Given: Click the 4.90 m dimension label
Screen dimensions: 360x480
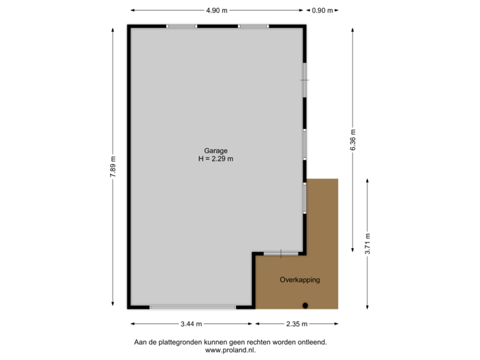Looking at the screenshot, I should point(217,11).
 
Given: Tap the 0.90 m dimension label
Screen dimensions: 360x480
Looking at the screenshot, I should point(323,11).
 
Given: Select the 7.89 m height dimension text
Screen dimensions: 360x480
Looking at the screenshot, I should point(113,167).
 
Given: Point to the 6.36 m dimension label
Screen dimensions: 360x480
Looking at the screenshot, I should point(353,139).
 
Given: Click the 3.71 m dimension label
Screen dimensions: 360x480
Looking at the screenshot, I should point(367,243).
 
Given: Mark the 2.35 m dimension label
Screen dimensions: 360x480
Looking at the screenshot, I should point(297,324).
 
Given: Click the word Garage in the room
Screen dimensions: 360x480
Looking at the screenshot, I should point(215,151).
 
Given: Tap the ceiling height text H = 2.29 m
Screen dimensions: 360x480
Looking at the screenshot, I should point(215,159).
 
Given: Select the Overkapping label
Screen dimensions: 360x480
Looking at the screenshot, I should point(300,280).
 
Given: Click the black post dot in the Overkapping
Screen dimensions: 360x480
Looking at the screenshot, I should point(305,306).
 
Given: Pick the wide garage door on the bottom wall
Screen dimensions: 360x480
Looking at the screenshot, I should point(193,307).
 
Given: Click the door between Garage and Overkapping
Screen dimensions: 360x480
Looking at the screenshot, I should point(281,253).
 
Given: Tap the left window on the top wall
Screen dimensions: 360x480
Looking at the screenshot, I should point(181,26).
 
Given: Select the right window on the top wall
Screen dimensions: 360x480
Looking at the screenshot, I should point(253,26).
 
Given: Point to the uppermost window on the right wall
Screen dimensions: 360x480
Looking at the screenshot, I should point(305,80).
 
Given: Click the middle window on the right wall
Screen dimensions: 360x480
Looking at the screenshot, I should point(305,143).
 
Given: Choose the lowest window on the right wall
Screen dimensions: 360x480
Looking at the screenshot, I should point(305,197).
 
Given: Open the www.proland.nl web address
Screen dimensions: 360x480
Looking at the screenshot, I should point(230,349).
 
